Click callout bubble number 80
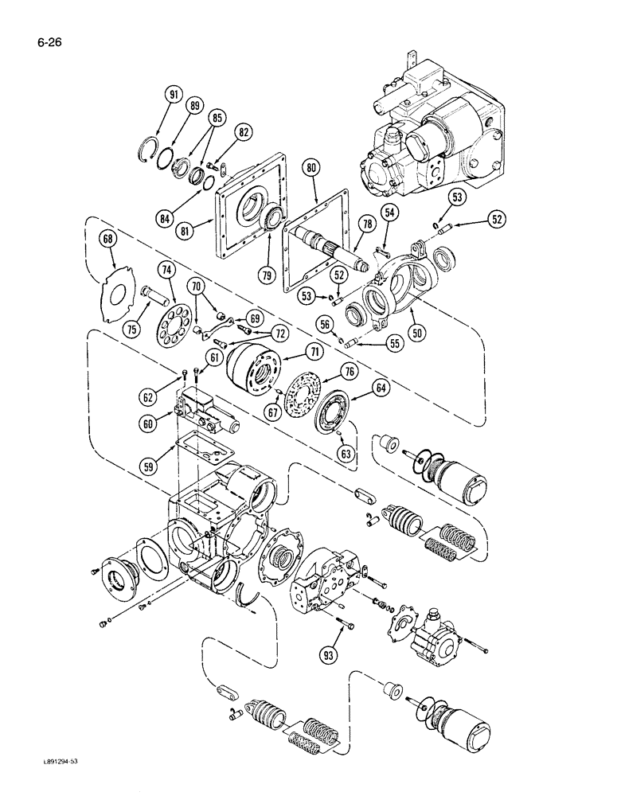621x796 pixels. [x=311, y=168]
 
